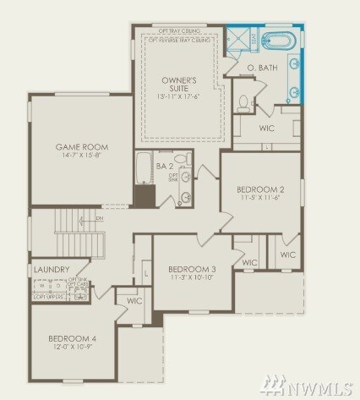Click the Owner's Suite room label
click(x=178, y=84)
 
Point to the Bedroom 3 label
click(x=192, y=269)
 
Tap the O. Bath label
click(x=263, y=67)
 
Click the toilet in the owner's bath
click(x=243, y=104)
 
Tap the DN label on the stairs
click(x=99, y=218)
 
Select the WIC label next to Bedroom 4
click(x=134, y=300)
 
